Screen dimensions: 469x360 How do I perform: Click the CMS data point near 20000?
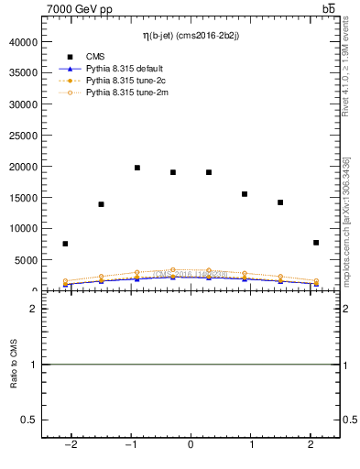137,168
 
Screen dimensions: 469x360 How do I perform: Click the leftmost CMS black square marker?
65,244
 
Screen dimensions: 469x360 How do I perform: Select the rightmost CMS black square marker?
316,243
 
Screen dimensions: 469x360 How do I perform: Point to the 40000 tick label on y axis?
20,42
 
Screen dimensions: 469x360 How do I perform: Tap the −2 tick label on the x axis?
70,445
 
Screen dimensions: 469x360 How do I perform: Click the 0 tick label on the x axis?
191,445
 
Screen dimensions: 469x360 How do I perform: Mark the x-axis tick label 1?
251,445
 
